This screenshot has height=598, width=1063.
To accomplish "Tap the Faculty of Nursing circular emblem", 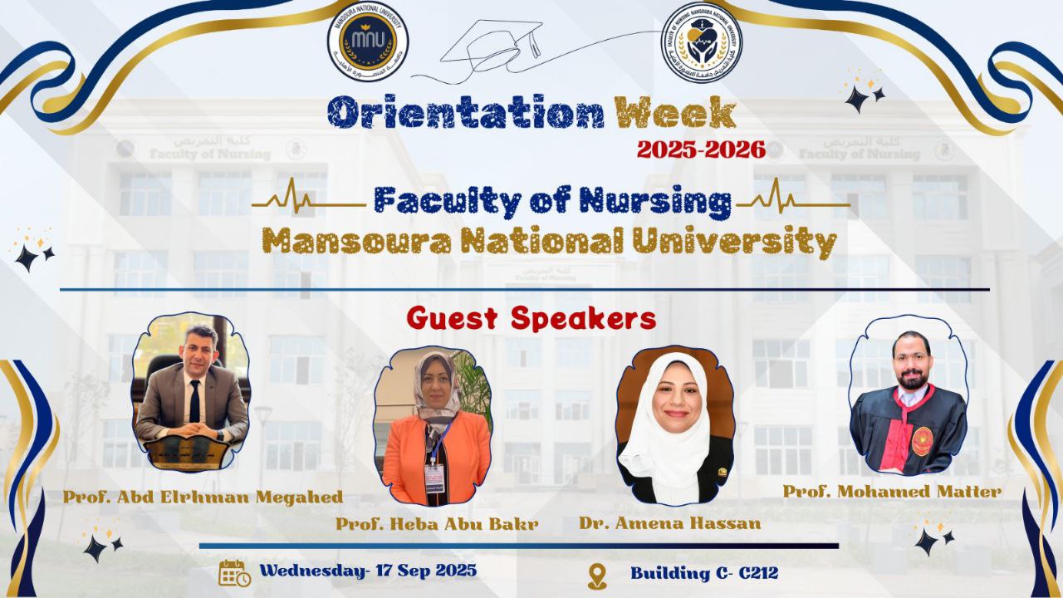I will (x=702, y=42).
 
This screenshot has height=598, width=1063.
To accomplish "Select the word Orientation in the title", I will (x=465, y=114).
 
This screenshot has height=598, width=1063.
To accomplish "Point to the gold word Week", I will (x=674, y=114).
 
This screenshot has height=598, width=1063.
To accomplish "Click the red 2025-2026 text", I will (x=700, y=149).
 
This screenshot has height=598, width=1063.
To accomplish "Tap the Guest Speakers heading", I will (x=531, y=318).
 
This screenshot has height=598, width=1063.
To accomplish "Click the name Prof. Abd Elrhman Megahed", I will (x=203, y=498).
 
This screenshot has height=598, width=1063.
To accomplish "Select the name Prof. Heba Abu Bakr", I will (x=437, y=524).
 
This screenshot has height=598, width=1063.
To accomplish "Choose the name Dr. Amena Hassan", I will (x=669, y=523).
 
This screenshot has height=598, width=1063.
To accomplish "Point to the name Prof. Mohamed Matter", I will (x=891, y=492).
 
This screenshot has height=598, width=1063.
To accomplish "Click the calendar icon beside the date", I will (x=234, y=573).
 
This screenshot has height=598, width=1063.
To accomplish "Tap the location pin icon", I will (x=597, y=576).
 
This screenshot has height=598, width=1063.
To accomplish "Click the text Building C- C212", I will (x=703, y=573).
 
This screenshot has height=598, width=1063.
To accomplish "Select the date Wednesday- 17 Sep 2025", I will (x=368, y=571).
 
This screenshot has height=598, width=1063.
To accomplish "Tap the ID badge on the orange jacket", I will (x=434, y=477).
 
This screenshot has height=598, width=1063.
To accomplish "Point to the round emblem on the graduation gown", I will (x=922, y=441).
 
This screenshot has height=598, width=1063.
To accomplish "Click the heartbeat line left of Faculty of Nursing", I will (x=308, y=202).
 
